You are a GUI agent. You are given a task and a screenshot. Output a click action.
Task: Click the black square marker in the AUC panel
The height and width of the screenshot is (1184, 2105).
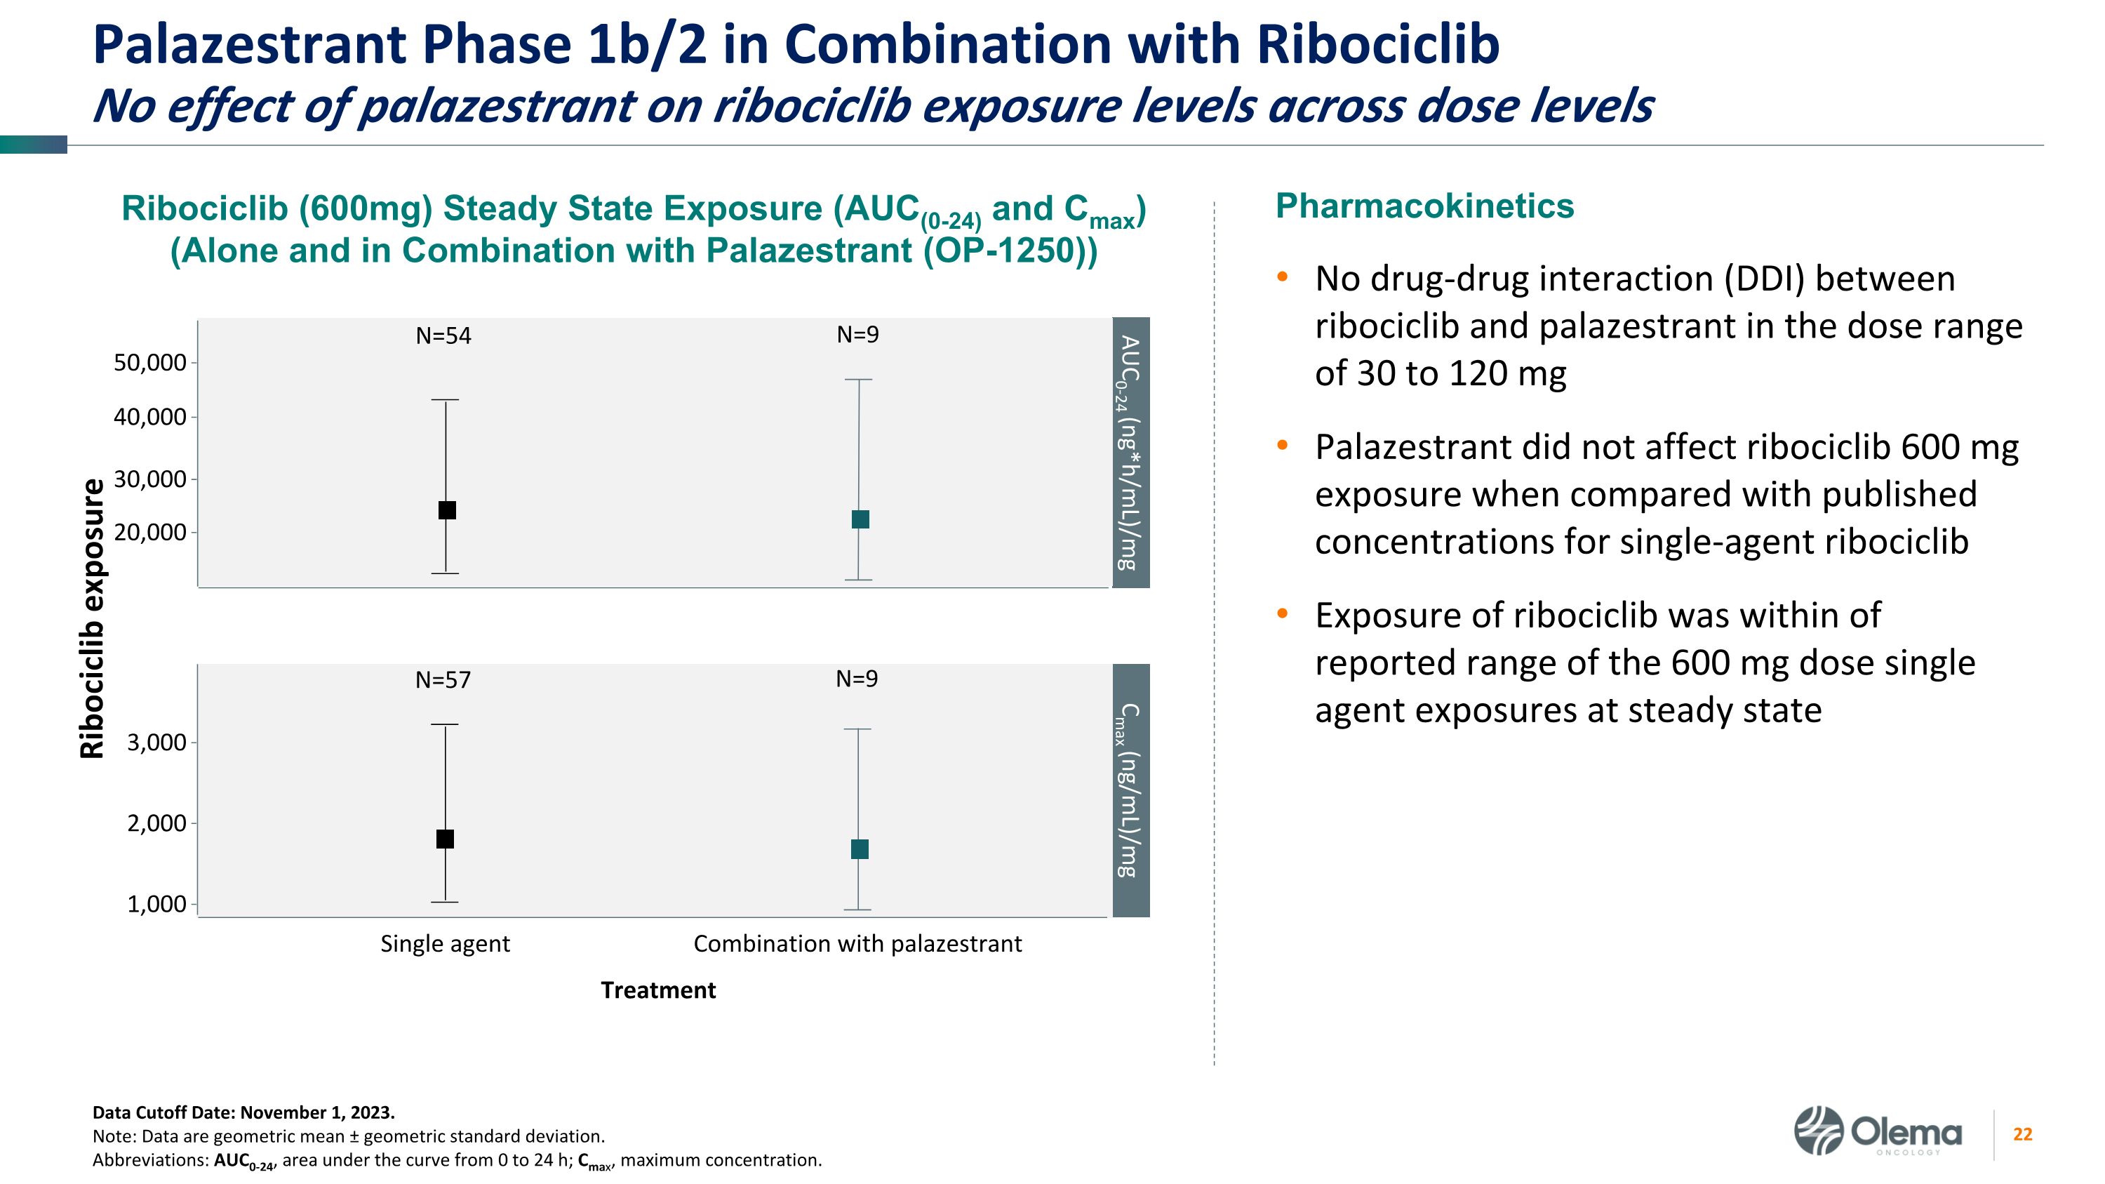[x=447, y=510]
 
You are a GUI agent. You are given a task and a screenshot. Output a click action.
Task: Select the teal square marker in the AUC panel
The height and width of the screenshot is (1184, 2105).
[x=860, y=519]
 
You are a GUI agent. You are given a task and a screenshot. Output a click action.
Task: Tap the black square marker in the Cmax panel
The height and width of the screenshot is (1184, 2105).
[x=446, y=839]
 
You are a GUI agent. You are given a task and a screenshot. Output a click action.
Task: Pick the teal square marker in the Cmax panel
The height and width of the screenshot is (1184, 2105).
[x=860, y=849]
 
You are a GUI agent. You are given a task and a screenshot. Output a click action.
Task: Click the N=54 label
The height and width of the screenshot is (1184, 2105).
[x=443, y=336]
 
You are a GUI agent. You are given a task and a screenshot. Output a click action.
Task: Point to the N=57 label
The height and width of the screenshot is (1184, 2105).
[x=443, y=680]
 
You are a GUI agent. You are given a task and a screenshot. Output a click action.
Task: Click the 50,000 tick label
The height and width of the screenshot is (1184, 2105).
[x=150, y=363]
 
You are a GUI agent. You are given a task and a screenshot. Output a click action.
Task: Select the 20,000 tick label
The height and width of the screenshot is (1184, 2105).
[x=150, y=533]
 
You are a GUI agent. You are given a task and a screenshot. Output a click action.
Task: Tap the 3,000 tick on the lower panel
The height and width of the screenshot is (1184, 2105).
[x=157, y=743]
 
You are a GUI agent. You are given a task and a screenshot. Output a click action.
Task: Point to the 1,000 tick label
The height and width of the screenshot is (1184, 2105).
[x=157, y=904]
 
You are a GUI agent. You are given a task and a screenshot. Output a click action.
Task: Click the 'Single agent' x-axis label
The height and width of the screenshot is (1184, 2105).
[x=445, y=944]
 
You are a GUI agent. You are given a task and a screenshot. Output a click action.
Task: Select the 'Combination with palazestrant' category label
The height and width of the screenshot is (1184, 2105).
[x=857, y=944]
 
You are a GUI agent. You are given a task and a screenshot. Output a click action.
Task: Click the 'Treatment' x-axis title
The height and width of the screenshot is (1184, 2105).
[x=658, y=990]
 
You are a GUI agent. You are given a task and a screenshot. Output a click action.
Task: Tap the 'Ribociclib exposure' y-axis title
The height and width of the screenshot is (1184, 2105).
[x=93, y=618]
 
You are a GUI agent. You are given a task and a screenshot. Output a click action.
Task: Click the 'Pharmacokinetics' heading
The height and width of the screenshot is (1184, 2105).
[x=1424, y=206]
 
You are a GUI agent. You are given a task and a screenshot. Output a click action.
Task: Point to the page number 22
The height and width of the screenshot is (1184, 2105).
[x=2022, y=1134]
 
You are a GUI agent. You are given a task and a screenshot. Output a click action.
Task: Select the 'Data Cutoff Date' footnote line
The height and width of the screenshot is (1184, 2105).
[x=243, y=1112]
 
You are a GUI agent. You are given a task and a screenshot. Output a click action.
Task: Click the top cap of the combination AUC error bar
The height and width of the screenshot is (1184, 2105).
[x=859, y=380]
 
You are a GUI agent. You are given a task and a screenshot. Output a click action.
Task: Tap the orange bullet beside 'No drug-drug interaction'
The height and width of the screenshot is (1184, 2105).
[x=1282, y=277]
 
